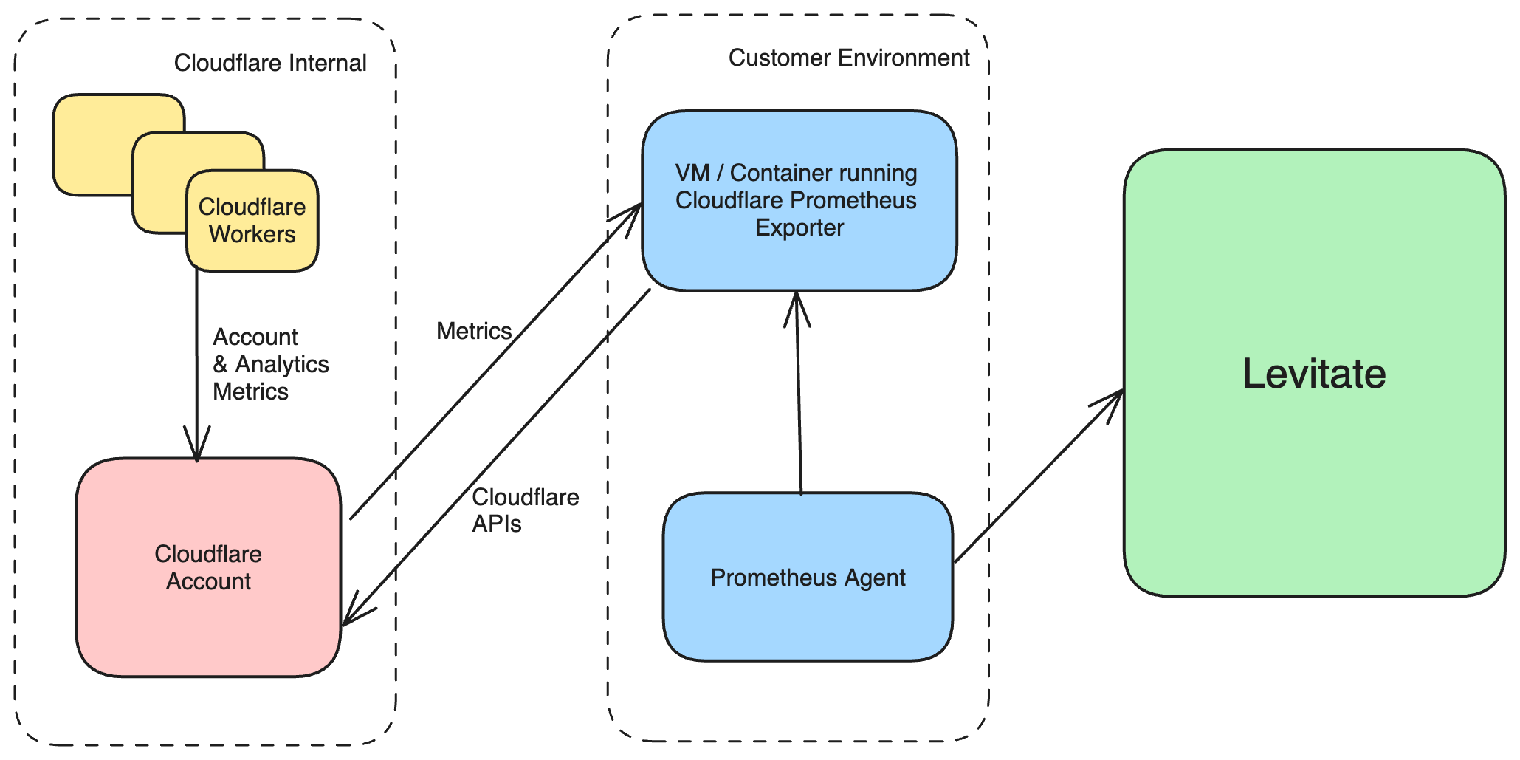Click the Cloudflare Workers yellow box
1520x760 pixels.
[252, 221]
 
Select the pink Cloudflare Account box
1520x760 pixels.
[208, 567]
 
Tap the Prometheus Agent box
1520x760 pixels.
[808, 577]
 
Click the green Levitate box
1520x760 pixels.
[1313, 373]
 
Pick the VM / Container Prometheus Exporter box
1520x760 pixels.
[799, 200]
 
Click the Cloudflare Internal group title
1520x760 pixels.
[270, 63]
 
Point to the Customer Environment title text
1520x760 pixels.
[849, 58]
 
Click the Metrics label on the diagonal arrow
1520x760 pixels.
[474, 331]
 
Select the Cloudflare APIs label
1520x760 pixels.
[524, 510]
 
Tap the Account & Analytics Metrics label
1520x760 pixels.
[270, 364]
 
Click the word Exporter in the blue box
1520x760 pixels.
[799, 227]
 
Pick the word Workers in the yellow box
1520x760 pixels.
[252, 234]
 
